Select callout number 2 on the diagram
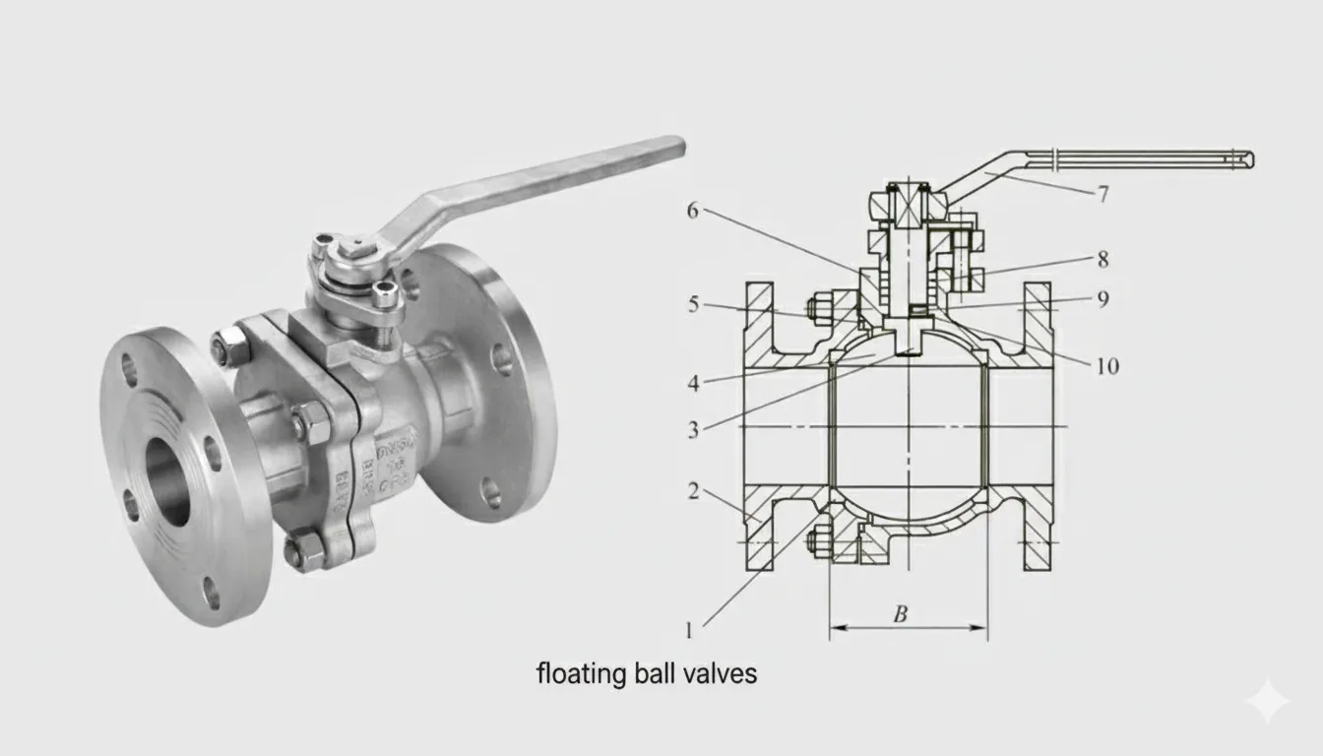coord(693,490)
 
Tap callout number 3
coord(693,429)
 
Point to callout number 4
coord(693,383)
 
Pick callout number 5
coord(693,305)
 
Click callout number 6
coord(693,210)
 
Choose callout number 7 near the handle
coord(1102,195)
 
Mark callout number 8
coord(1102,260)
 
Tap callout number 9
coord(1102,299)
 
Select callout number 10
coord(1106,366)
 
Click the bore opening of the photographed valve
coord(168,481)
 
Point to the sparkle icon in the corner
coord(1266,701)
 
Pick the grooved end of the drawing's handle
coord(1242,158)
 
